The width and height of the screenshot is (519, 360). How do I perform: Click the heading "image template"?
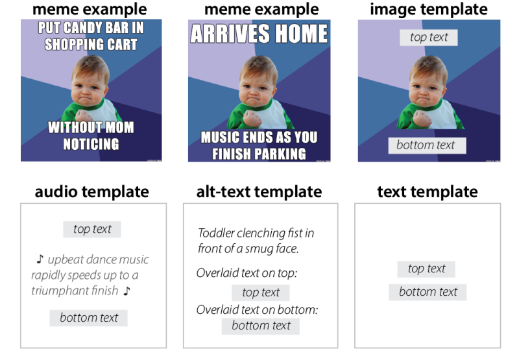point(428,10)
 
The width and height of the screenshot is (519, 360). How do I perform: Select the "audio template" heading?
point(91,192)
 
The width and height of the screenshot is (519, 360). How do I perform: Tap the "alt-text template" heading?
point(259,192)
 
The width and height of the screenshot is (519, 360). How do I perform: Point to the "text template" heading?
point(427,192)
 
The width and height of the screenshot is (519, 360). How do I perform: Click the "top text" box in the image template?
point(429,38)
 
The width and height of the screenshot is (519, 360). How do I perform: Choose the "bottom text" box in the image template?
point(426,145)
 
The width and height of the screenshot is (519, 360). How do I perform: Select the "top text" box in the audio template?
point(92,229)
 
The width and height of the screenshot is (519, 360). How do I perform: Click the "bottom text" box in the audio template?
point(89,318)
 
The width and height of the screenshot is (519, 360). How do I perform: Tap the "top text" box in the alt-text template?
point(261,293)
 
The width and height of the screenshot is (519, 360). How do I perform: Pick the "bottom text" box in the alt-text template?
point(261,326)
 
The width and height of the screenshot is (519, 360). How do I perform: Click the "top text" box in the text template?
point(426,269)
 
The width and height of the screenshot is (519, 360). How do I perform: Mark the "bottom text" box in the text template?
point(428,292)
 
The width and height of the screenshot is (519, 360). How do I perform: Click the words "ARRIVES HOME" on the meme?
point(259,33)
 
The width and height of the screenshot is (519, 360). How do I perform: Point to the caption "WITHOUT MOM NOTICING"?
point(91,136)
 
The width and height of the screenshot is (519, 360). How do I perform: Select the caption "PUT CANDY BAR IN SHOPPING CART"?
point(91,36)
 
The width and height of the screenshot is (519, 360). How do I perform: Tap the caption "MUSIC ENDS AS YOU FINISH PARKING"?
point(259,145)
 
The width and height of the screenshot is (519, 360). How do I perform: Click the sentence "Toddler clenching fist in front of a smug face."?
point(256,240)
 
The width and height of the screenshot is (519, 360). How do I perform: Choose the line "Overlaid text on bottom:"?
point(257,309)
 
